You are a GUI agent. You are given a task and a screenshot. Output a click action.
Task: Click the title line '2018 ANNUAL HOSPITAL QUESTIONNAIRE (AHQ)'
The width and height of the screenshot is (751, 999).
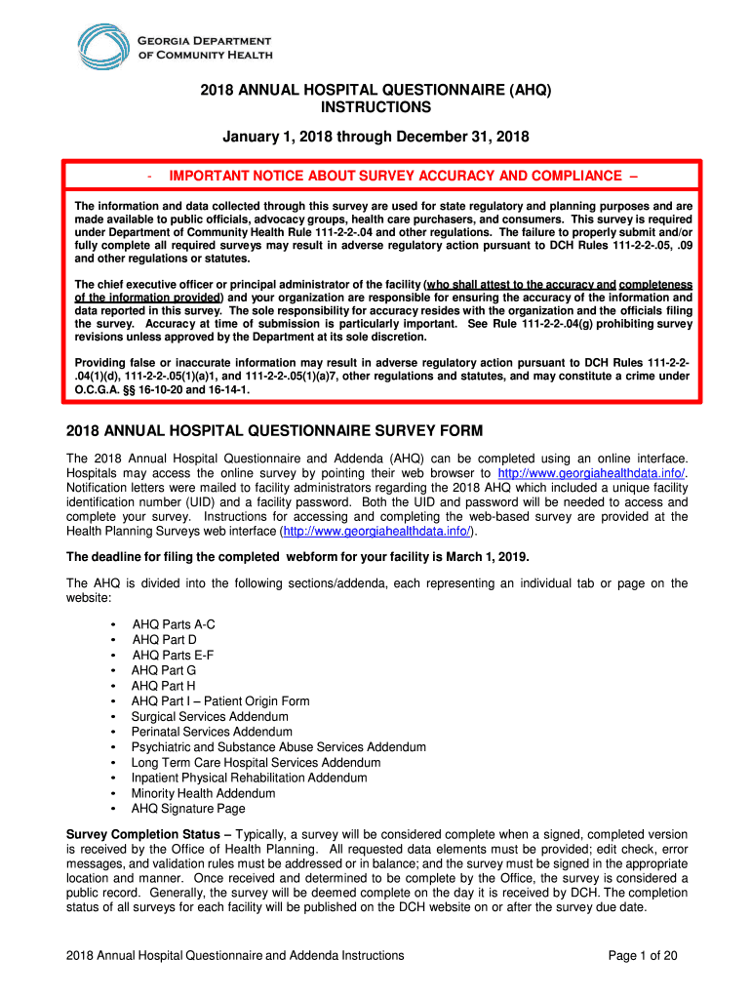click(376, 90)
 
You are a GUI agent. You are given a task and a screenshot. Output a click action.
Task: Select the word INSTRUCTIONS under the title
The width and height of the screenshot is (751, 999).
click(376, 106)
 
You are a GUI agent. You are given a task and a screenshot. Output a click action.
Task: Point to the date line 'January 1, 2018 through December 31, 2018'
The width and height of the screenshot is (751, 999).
click(376, 137)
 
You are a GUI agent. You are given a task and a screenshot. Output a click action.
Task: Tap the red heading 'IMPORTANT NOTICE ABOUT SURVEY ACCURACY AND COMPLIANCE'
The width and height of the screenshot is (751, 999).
click(395, 176)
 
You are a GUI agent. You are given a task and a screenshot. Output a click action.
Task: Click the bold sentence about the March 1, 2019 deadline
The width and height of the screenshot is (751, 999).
click(297, 557)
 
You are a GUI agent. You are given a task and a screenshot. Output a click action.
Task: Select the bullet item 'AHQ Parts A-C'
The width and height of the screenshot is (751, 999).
click(174, 624)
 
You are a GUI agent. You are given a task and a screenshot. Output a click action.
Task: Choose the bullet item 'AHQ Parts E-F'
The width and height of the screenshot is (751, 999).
click(173, 656)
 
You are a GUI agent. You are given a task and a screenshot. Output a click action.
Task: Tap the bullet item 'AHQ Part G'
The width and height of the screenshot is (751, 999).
click(164, 671)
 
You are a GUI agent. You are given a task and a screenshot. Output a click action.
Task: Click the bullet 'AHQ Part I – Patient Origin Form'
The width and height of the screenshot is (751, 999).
click(220, 701)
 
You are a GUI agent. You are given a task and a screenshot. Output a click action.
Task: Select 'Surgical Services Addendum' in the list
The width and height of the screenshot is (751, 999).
click(210, 717)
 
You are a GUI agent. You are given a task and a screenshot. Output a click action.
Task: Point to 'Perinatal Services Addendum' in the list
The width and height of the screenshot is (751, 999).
click(212, 732)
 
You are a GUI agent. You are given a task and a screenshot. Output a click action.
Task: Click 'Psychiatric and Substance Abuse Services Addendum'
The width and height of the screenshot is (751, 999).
click(278, 747)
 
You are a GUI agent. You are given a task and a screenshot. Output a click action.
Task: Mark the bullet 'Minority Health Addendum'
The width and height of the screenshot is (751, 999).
click(203, 793)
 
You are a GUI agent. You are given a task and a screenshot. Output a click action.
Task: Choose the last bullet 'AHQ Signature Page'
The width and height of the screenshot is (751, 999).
click(188, 809)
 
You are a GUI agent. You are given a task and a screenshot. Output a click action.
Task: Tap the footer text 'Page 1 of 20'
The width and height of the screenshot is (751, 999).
click(643, 955)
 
